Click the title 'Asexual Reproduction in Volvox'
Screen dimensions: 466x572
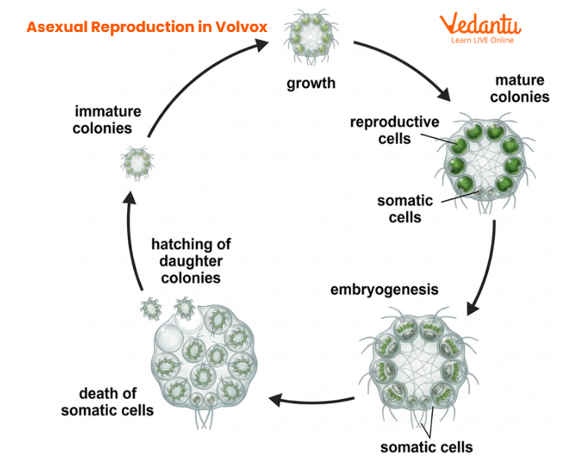point(147,27)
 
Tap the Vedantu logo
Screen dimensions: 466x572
point(481,24)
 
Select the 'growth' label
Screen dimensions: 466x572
point(312,83)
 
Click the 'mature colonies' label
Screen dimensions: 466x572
point(521,89)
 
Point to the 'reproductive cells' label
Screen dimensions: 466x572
point(395,130)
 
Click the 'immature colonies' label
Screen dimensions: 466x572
point(108,120)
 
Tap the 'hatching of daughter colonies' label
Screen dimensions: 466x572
point(190,261)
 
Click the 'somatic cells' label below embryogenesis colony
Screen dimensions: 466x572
point(426,447)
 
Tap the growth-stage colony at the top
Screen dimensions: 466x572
point(311,36)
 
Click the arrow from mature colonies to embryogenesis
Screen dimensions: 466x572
point(487,268)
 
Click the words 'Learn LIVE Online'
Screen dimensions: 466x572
point(482,40)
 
